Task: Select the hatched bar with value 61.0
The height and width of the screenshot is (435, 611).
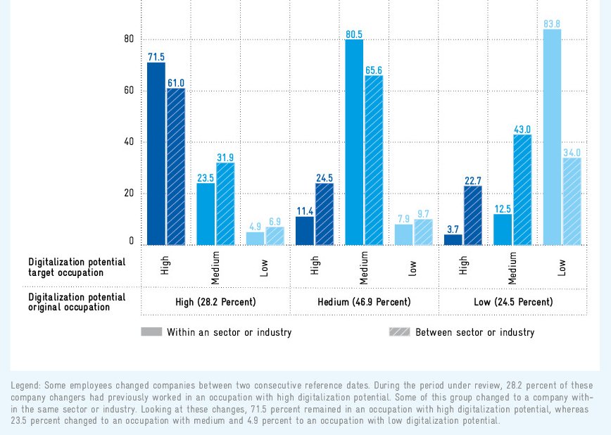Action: point(176,167)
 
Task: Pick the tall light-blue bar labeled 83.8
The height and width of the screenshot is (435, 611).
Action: point(553,137)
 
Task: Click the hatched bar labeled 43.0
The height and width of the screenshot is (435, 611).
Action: point(522,190)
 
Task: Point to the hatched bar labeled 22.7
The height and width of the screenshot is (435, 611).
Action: point(473,215)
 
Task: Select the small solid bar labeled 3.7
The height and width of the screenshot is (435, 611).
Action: point(453,239)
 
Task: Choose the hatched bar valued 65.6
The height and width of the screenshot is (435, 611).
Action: point(374,160)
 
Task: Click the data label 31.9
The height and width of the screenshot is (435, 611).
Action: point(225,157)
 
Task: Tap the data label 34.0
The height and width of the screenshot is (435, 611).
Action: point(572,152)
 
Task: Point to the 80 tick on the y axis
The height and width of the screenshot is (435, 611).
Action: point(129,39)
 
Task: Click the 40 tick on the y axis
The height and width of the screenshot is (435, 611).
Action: point(129,142)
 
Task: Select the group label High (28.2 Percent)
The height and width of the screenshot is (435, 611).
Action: point(215,302)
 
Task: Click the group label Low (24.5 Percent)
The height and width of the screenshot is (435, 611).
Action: point(513,302)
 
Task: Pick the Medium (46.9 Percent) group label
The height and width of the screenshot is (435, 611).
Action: point(364,302)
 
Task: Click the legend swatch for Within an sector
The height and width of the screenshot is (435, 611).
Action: point(151,332)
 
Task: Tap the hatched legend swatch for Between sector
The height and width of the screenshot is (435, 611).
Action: point(400,332)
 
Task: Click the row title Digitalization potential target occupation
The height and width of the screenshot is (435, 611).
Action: point(77,267)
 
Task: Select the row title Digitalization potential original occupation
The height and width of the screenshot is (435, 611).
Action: point(77,302)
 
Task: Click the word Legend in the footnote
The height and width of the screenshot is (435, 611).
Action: point(27,386)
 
